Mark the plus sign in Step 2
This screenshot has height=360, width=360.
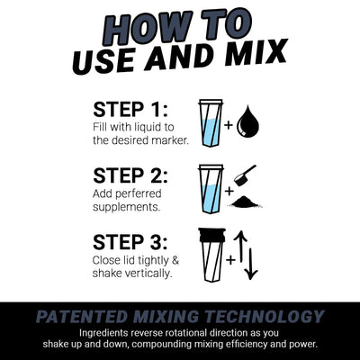coord(229,191)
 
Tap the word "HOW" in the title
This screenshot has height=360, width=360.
coord(137,22)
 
